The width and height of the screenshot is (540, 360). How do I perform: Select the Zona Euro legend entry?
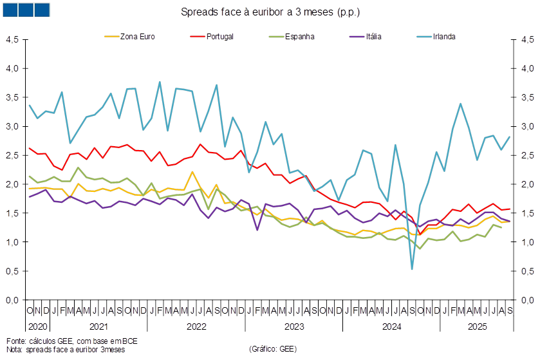coord(130,37)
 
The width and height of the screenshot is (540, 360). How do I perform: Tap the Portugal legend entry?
coord(212,37)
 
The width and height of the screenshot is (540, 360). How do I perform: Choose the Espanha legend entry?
coord(292,37)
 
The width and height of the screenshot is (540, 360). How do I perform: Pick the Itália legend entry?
coord(365,37)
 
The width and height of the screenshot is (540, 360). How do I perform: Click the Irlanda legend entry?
coord(436,37)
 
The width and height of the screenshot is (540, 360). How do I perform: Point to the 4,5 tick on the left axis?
coord(12,40)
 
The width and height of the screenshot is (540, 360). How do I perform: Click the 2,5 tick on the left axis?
coord(12,155)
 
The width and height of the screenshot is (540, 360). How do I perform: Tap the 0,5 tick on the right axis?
coord(528,272)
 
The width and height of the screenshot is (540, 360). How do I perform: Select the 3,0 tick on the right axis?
coord(528,126)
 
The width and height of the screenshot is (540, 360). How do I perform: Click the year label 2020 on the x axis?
coord(38,327)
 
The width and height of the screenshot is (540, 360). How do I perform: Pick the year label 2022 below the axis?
coord(196,327)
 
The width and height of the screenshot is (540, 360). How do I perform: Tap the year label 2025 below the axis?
coord(478,327)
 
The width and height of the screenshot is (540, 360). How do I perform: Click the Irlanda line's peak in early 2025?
coord(460,103)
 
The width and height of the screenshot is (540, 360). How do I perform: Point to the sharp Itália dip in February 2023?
coord(257,230)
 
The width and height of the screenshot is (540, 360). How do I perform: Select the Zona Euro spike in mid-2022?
coord(192,172)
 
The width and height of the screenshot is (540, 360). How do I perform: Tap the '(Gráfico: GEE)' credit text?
coord(273,349)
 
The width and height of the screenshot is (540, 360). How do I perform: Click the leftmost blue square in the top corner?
coord(10,10)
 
